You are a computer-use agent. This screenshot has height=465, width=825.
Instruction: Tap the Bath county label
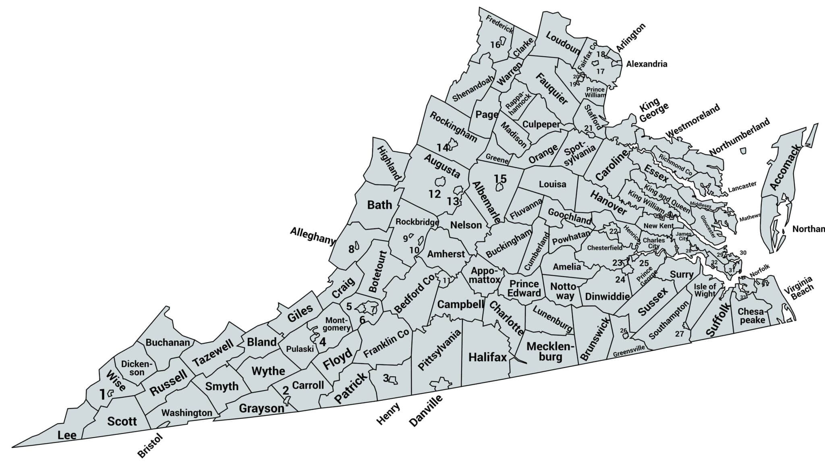pos(379,205)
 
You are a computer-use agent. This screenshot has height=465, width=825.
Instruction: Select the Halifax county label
pos(487,357)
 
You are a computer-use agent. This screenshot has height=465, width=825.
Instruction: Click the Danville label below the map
pos(425,411)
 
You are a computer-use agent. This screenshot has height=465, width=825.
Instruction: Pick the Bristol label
pos(150,446)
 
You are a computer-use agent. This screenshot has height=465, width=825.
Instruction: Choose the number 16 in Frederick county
pos(495,45)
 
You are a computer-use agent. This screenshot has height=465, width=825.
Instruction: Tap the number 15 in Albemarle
pos(500,178)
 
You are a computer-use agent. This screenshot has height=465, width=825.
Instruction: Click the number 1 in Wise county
pos(102,394)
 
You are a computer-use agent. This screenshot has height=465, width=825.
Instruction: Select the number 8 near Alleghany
pos(351,249)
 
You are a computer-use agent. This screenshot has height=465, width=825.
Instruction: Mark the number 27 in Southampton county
pos(680,334)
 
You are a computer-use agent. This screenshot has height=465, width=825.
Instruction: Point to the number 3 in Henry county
pos(386,378)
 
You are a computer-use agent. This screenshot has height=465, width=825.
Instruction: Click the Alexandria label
pos(647,64)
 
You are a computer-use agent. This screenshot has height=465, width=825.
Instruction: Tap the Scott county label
pos(122,421)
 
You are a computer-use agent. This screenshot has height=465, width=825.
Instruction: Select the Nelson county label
pos(466,225)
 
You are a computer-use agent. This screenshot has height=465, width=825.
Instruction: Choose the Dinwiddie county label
pos(607,297)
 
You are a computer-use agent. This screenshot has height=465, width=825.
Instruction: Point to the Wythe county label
pos(268,371)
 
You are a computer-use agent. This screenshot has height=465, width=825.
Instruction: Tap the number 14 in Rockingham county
pos(442,147)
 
